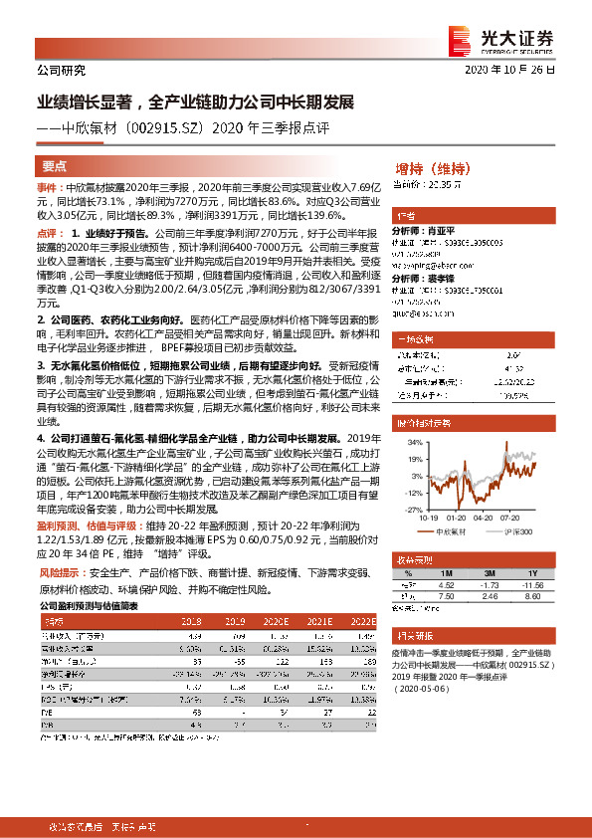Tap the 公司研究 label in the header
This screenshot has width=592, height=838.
[61, 71]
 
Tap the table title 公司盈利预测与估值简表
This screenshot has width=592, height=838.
[89, 604]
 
